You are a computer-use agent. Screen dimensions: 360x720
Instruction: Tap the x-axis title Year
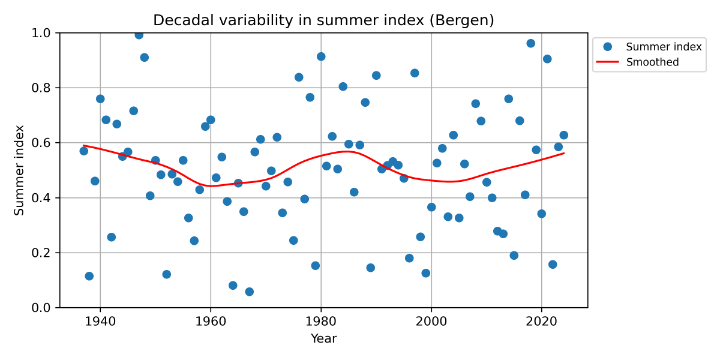tap(323, 339)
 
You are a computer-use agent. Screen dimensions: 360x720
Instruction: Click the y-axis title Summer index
tap(19, 170)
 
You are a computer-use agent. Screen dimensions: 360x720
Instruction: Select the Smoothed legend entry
tap(652, 62)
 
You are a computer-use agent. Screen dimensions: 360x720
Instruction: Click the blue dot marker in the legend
tap(608, 47)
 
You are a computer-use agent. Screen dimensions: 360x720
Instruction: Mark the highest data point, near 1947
tap(139, 35)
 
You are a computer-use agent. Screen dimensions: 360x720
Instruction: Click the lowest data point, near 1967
tap(249, 292)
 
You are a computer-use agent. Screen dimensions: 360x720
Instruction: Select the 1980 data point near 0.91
tap(321, 56)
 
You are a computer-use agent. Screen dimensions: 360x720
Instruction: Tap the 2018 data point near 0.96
tap(530, 43)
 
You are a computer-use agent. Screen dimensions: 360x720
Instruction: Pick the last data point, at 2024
tap(563, 135)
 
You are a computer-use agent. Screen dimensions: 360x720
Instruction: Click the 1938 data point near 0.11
tap(89, 276)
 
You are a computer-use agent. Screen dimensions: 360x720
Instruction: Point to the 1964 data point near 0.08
tap(233, 286)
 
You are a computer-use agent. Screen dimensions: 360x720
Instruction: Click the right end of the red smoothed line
tap(563, 153)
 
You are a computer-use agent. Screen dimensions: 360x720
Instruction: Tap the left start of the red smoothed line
tap(83, 145)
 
